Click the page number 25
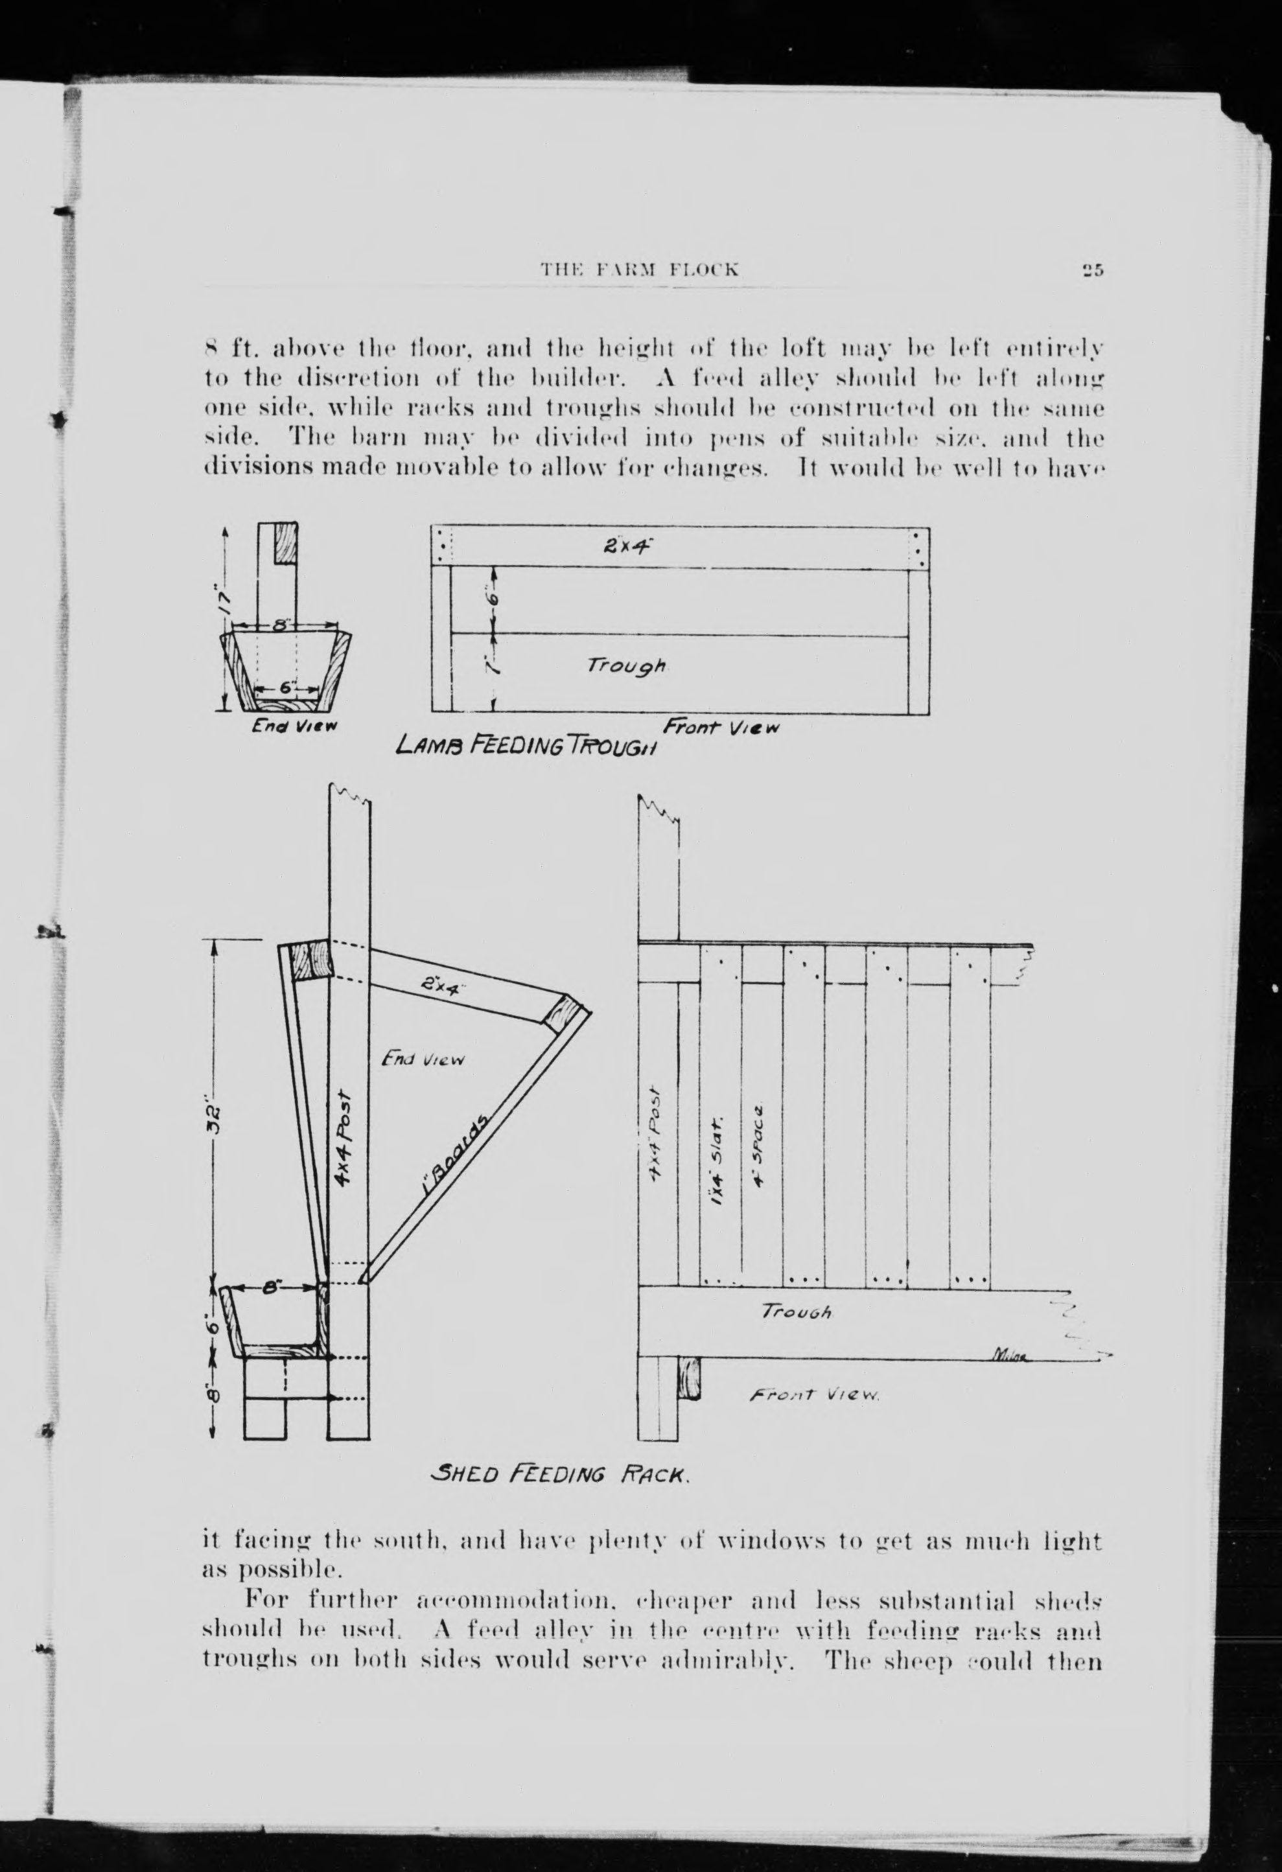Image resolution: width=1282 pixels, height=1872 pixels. (1093, 271)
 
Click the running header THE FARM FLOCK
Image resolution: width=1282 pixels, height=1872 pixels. (639, 270)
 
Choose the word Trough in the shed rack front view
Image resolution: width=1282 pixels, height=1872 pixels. (797, 1312)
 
